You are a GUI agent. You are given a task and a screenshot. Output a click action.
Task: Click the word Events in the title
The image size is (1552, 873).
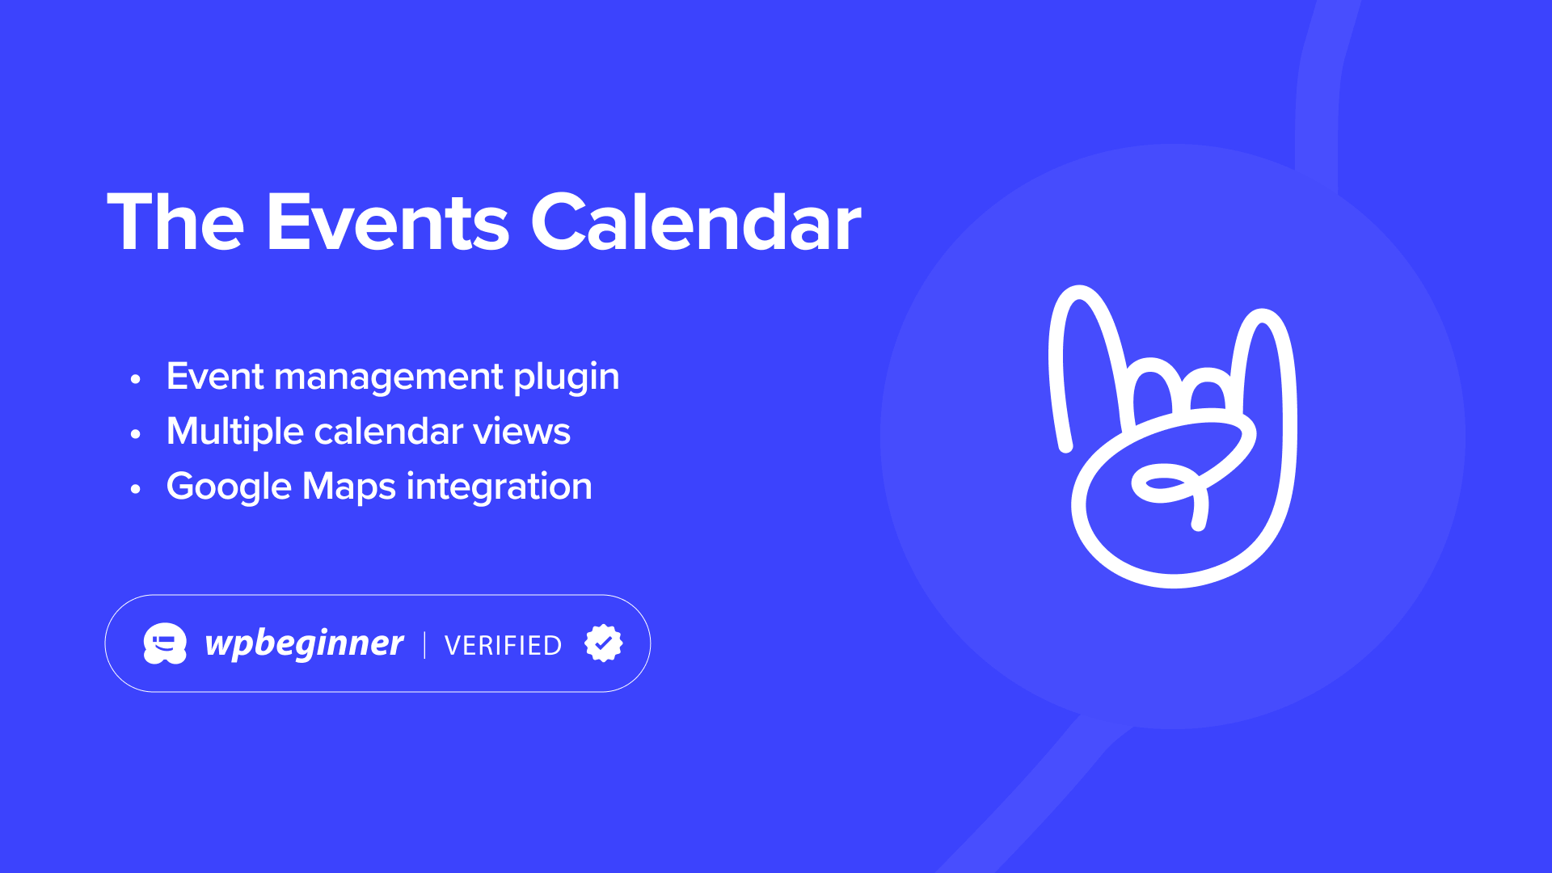388,222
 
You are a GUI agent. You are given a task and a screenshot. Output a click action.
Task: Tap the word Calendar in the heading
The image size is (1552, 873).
696,222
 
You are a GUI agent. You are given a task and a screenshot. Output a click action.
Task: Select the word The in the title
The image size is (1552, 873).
175,222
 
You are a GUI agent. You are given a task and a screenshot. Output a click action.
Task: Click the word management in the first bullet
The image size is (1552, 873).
389,377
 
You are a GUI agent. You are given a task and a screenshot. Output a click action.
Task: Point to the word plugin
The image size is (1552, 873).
567,377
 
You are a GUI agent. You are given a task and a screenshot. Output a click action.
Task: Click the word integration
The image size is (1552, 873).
500,487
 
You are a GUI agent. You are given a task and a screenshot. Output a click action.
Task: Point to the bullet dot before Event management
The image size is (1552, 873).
136,379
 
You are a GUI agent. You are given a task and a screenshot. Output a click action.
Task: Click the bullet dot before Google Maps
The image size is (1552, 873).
136,489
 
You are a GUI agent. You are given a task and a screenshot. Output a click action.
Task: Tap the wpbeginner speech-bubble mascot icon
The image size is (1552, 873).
165,643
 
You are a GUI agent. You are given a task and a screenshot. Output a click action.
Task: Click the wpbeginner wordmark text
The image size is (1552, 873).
305,644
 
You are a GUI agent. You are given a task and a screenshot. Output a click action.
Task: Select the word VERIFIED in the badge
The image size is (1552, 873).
504,645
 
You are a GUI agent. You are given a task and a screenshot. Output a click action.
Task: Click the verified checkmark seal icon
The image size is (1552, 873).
604,643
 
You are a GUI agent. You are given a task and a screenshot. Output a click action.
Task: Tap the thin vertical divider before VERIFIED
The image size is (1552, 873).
424,645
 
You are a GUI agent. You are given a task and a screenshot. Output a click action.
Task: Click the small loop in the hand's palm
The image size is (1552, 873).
1162,483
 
